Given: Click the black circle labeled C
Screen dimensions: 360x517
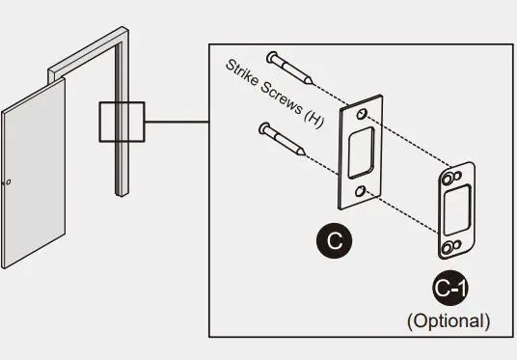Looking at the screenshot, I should [334, 240].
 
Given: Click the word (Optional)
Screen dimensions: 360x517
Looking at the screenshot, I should [449, 318].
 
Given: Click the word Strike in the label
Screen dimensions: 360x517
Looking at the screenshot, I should [244, 74].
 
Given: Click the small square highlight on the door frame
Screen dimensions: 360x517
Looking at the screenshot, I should [121, 124].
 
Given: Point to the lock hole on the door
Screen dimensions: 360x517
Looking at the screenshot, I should [8, 181].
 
